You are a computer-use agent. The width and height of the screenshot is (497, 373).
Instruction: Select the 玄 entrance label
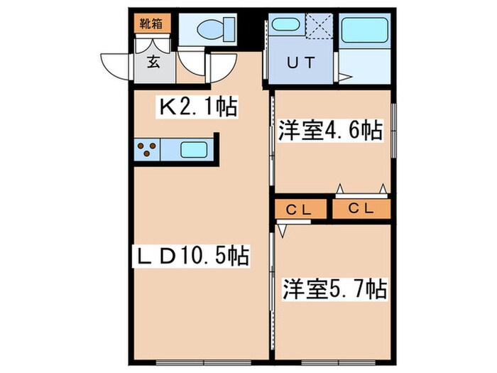pos(152,62)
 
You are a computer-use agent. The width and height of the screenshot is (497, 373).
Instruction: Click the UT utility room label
pos(297,63)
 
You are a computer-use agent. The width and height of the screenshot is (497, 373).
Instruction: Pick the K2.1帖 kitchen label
pos(197,108)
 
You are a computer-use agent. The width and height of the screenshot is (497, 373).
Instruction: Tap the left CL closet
pos(301,209)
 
